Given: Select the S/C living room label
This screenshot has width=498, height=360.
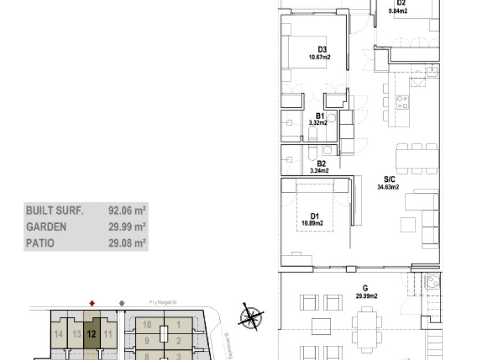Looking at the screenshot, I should tap(388, 179).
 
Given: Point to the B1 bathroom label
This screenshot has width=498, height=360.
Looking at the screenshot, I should tap(320, 116).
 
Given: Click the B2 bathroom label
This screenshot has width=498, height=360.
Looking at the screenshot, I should tap(321, 164).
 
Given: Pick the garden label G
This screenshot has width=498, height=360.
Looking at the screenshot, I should tap(365, 288).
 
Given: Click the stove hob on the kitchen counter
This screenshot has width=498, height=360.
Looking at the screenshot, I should tap(403, 103).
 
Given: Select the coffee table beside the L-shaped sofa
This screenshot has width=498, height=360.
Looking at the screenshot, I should tap(408, 224).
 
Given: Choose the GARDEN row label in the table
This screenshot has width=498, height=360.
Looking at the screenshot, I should tap(46, 226).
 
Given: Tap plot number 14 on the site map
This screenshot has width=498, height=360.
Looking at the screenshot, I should tap(59, 334).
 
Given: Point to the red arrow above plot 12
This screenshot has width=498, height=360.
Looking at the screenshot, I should tap(91, 303).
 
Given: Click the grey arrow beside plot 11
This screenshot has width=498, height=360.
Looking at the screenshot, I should tap(122, 303).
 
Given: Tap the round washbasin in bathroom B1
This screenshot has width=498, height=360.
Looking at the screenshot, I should tap(330, 118).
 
